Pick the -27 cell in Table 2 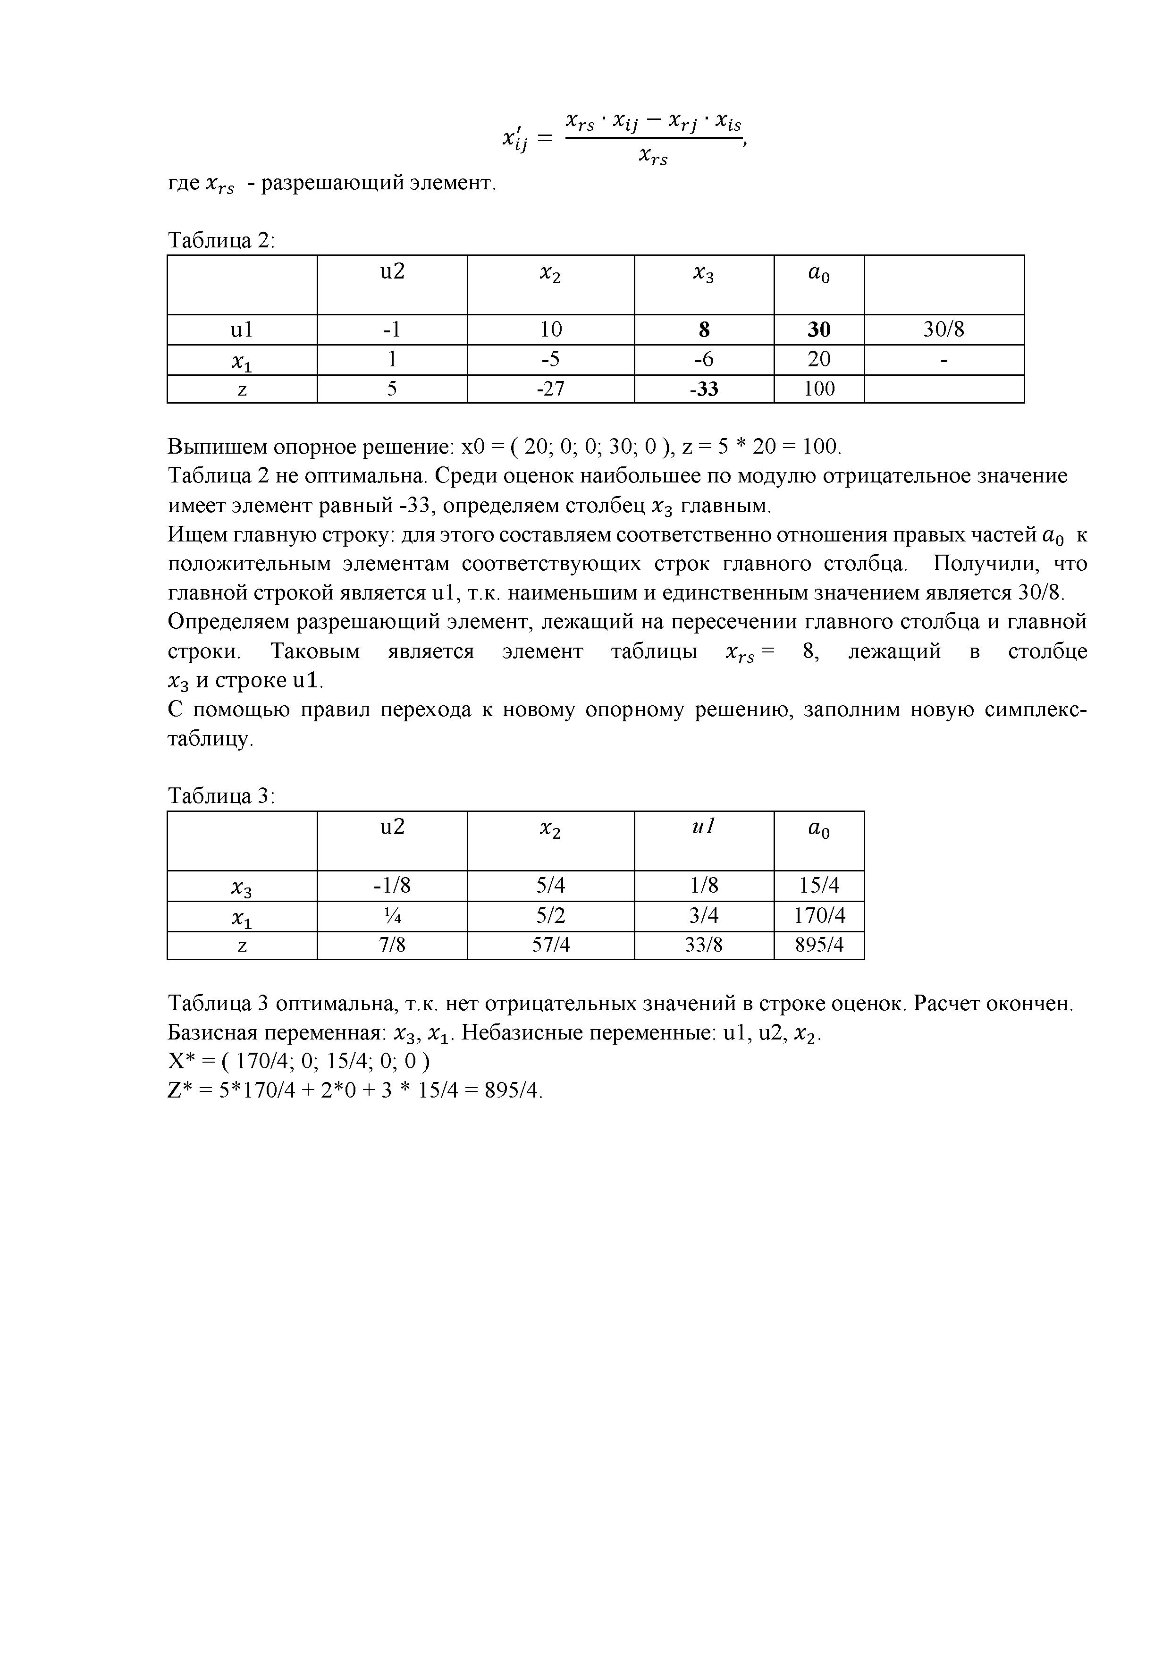click(x=550, y=389)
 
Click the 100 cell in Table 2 click(x=818, y=389)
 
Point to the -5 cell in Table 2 click(x=550, y=359)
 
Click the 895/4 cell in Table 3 click(x=818, y=945)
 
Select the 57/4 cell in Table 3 click(x=550, y=945)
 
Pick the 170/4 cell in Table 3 click(x=818, y=916)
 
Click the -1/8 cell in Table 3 click(x=392, y=886)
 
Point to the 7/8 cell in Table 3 click(x=392, y=945)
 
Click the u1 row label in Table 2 click(x=242, y=330)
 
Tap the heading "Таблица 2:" click(x=221, y=240)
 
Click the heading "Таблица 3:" click(x=221, y=796)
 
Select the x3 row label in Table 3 click(x=242, y=887)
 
